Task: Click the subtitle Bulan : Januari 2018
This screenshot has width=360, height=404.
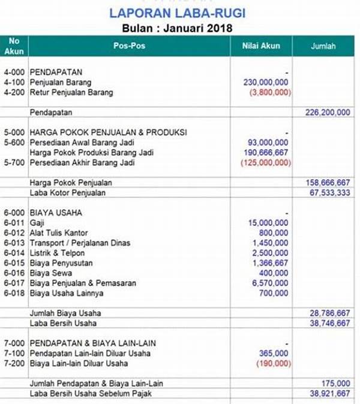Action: tap(178, 28)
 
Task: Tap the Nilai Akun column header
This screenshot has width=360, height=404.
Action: tap(261, 46)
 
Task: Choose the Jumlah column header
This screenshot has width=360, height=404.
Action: tap(323, 46)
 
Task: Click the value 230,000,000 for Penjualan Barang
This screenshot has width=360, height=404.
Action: tap(266, 82)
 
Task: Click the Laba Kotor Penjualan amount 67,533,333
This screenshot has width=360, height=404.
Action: tap(327, 192)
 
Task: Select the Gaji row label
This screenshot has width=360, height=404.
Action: tap(37, 222)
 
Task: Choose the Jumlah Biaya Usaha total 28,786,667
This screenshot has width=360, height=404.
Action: tap(327, 313)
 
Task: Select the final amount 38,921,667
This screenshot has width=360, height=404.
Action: tap(327, 393)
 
